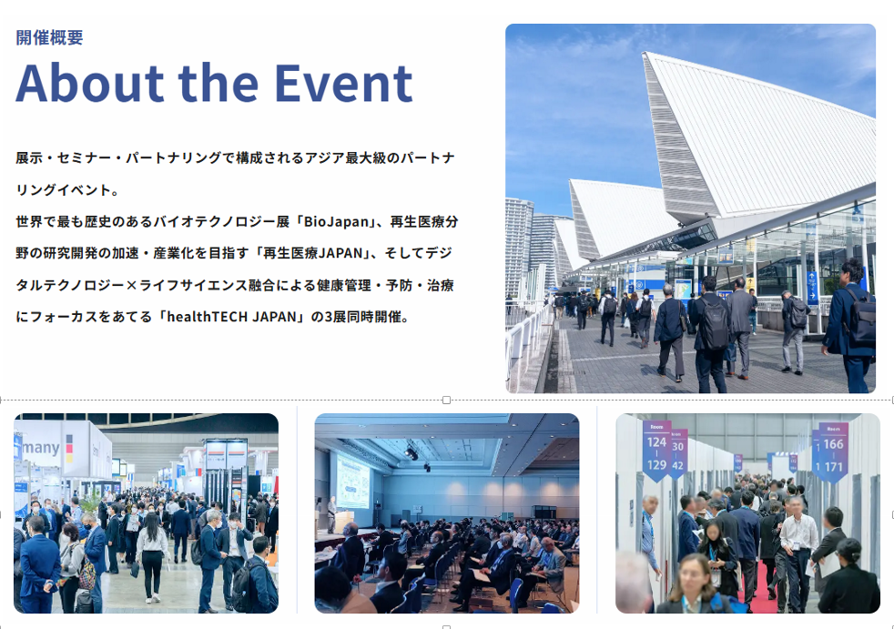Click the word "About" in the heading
click(x=90, y=83)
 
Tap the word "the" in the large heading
click(x=218, y=83)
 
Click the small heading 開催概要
click(x=49, y=37)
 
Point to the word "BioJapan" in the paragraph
click(x=337, y=221)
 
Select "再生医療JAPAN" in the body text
click(x=313, y=253)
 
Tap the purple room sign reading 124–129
click(x=656, y=451)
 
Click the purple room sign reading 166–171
click(x=834, y=452)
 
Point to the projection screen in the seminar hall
click(x=353, y=481)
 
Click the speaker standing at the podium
click(x=331, y=514)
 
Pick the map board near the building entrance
click(x=683, y=289)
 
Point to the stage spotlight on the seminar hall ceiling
click(x=411, y=452)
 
